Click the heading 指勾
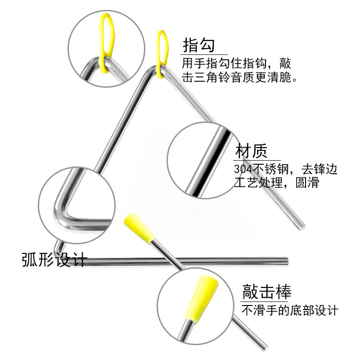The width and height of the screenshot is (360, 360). pyautogui.click(x=198, y=45)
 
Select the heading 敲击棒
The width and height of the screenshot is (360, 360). pyautogui.click(x=267, y=292)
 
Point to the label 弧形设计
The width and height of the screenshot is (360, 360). pyautogui.click(x=54, y=260)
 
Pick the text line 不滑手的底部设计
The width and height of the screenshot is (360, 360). pyautogui.click(x=290, y=310)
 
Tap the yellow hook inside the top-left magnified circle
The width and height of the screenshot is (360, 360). pyautogui.click(x=107, y=38)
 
